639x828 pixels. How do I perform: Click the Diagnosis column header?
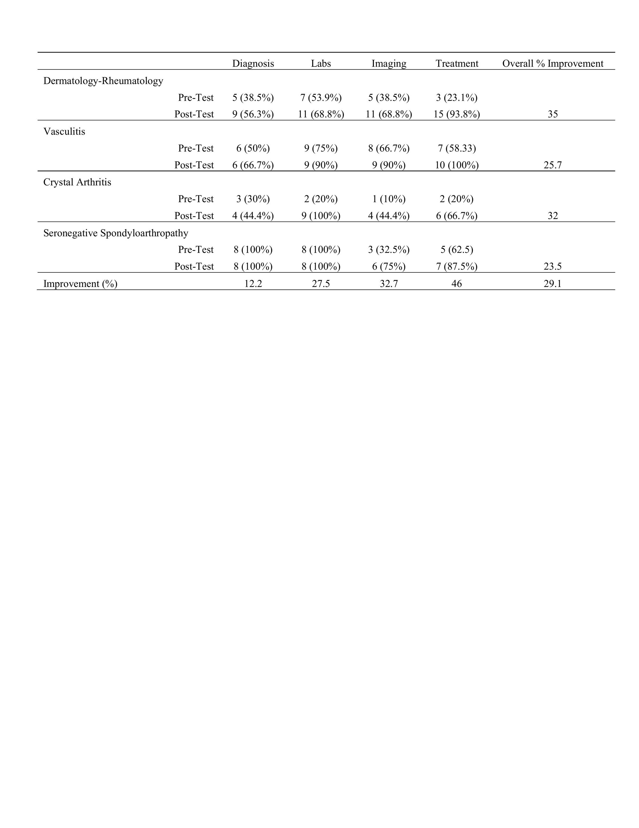click(253, 63)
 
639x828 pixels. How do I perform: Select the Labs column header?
click(321, 63)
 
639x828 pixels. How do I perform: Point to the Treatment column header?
click(457, 63)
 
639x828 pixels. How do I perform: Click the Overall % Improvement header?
click(552, 63)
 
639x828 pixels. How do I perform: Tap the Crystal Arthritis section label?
click(77, 182)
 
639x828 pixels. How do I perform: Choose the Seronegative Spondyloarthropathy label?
click(116, 233)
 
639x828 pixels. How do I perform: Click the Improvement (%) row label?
click(80, 284)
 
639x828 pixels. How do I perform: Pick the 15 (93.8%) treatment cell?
click(457, 114)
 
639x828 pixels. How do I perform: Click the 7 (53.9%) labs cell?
click(321, 98)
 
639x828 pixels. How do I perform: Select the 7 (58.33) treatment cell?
click(457, 148)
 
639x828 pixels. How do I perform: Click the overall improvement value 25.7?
click(552, 165)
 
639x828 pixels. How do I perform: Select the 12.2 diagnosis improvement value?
click(253, 284)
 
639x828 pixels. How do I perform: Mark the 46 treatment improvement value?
click(457, 284)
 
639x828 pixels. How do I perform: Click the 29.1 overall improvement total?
click(552, 284)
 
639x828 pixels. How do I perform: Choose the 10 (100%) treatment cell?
click(457, 165)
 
